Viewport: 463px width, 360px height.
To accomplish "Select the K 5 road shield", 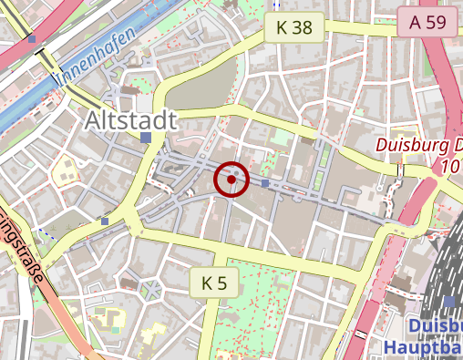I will (214, 283).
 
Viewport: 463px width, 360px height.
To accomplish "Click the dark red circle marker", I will (231, 180).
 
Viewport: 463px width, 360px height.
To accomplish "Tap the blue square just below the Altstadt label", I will (147, 138).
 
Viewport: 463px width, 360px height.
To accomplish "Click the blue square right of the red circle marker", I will (265, 184).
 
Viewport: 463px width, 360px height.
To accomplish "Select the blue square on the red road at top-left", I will (33, 39).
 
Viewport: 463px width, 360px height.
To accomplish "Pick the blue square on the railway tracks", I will (450, 302).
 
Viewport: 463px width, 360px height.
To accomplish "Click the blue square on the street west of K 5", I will (106, 221).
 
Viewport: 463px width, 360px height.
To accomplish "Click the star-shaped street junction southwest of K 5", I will (150, 291).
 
